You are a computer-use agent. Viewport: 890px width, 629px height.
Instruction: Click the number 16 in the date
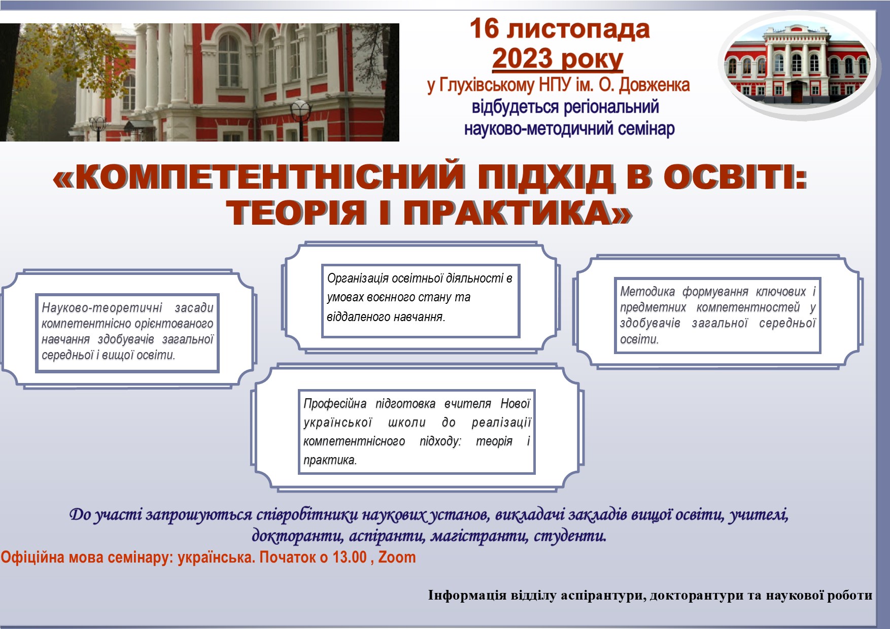[x=484, y=28]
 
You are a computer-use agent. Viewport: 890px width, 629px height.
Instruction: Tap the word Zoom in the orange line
[x=397, y=557]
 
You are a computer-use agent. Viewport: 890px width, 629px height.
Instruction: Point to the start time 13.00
[x=350, y=557]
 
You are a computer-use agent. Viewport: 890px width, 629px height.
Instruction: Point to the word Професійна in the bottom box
[x=335, y=404]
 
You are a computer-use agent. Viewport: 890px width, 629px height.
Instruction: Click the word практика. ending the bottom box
[x=330, y=460]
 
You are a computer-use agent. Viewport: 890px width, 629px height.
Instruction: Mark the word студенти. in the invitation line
[x=570, y=536]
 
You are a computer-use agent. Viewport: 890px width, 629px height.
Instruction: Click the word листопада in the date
[x=578, y=29]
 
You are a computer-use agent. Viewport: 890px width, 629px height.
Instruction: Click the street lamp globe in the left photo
[x=300, y=108]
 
